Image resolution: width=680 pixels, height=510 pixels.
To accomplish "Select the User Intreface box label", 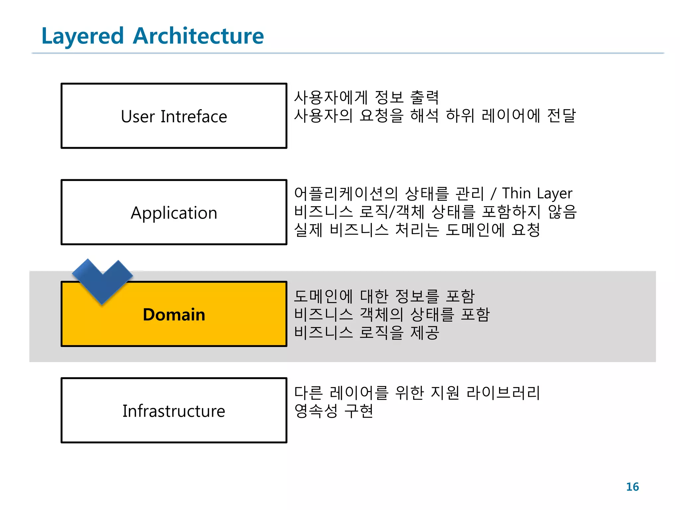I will (x=174, y=117).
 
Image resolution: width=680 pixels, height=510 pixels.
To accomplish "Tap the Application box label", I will (x=174, y=213).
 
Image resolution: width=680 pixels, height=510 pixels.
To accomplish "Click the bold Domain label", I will (x=174, y=314).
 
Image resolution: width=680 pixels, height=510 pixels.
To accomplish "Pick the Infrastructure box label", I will (x=174, y=411).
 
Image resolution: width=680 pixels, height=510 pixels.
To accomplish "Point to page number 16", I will (x=632, y=487).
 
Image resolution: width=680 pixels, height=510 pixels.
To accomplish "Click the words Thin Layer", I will (x=537, y=194).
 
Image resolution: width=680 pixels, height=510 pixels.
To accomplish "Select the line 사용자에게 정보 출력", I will (x=367, y=97).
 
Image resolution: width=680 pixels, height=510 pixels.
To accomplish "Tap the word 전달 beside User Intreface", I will (x=561, y=116).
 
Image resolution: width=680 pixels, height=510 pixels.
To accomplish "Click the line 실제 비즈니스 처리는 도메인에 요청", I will (x=417, y=230).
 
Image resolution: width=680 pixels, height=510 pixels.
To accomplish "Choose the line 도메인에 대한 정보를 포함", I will (x=384, y=296).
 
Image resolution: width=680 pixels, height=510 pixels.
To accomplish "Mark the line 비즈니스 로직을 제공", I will (x=367, y=332).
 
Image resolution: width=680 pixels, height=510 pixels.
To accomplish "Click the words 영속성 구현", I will (x=334, y=411).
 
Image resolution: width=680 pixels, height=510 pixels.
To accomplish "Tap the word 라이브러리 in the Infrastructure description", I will (x=503, y=392).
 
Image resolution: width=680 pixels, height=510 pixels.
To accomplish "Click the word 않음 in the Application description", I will (x=562, y=212).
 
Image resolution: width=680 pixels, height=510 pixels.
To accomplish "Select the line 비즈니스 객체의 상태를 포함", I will (x=392, y=314).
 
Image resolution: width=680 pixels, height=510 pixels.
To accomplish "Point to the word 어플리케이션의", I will (x=346, y=194).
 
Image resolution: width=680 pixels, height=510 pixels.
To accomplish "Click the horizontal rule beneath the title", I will (x=347, y=53).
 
